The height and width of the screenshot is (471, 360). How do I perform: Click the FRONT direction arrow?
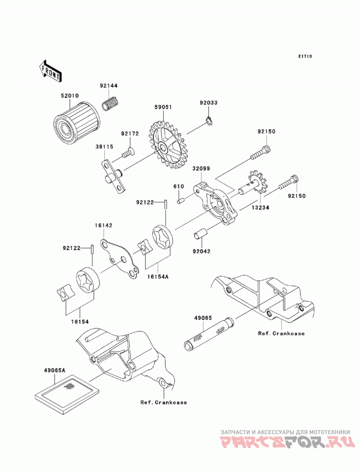50,71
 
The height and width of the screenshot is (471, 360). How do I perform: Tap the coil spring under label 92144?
111,103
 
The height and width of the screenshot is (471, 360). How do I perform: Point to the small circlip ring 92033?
209,121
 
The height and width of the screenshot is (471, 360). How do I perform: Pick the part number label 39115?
104,147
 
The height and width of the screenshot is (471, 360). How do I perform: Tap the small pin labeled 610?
180,201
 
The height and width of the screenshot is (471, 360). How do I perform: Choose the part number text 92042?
202,251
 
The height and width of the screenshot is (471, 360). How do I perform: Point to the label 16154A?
157,276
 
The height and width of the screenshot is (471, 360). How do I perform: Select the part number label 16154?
80,321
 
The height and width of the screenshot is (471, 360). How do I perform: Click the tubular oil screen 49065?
209,334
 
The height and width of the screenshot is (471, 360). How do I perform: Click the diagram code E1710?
305,56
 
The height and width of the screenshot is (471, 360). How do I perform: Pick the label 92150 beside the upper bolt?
266,131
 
